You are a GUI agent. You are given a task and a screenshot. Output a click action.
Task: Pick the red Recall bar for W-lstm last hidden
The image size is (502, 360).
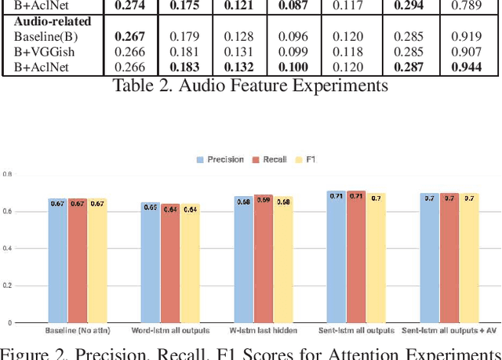[x=263, y=259]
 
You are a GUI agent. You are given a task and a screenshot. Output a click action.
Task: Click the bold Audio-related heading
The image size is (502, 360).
[x=52, y=21]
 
